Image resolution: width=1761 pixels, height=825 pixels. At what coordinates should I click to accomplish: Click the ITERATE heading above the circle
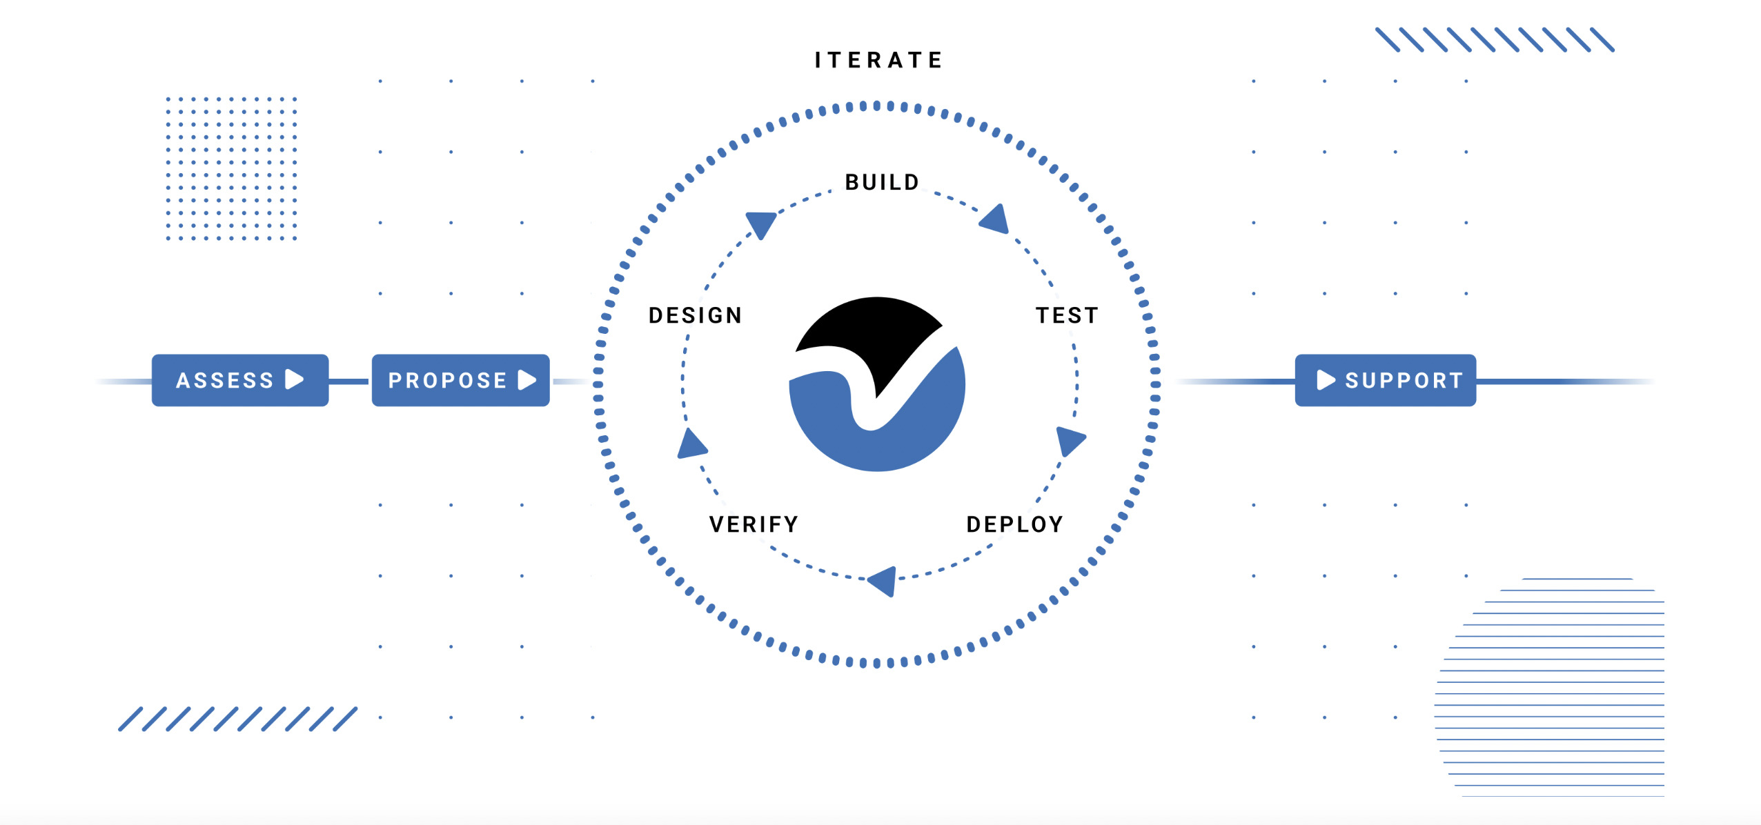[878, 60]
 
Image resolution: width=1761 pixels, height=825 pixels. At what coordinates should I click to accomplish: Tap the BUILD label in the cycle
[882, 182]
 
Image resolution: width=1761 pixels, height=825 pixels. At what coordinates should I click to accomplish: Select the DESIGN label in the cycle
[695, 315]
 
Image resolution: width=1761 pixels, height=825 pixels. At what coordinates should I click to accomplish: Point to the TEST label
[1067, 315]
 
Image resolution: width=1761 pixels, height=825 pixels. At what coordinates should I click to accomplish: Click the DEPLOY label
[1014, 524]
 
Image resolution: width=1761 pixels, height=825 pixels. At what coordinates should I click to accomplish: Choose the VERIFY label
[754, 524]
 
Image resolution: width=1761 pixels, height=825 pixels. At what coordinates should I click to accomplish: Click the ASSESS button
[240, 380]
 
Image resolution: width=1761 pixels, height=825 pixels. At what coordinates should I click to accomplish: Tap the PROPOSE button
[460, 380]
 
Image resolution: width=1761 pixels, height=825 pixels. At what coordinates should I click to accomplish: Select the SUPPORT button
[1386, 380]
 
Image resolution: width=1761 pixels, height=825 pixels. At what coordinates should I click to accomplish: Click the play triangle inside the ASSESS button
[294, 379]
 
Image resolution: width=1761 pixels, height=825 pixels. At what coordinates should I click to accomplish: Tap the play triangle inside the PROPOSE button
[527, 379]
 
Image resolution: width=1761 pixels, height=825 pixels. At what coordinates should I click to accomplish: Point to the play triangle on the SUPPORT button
[1326, 379]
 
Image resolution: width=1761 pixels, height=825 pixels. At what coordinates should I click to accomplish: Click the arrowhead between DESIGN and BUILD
[762, 224]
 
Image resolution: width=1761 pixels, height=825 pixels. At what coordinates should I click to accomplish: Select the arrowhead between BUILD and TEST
[996, 219]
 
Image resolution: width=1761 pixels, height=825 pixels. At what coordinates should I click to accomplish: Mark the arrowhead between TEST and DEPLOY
[1070, 441]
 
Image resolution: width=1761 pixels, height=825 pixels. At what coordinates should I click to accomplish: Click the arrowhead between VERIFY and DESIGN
[691, 445]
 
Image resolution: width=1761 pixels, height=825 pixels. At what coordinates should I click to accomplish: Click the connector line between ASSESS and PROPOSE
[350, 381]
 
